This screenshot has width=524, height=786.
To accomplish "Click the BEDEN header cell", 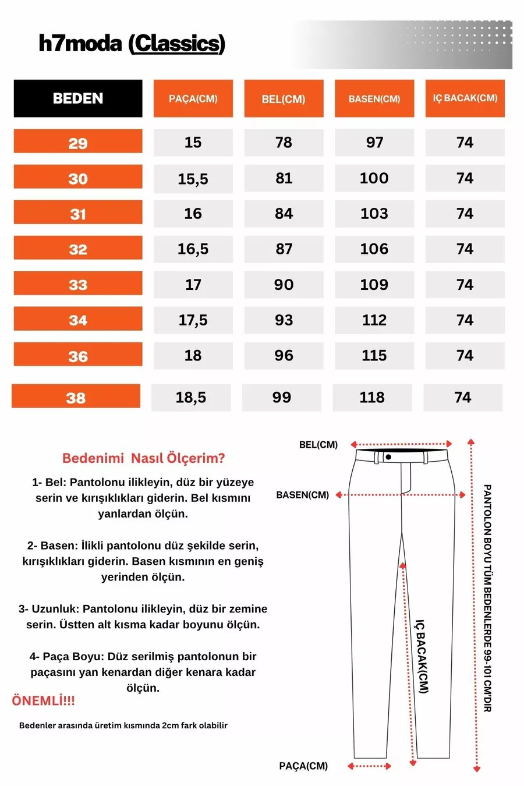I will (77, 98).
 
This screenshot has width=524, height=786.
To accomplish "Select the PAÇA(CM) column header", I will (193, 98).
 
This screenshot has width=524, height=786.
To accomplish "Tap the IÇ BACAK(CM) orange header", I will (465, 98).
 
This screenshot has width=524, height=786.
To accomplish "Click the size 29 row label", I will (77, 143).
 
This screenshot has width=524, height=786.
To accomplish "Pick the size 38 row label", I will (76, 398).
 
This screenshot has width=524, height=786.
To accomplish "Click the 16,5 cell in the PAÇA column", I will (193, 249).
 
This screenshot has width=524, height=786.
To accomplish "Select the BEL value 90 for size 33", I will (284, 285).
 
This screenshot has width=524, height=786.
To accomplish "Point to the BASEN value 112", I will (374, 320).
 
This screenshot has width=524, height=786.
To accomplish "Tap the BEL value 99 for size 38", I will (281, 398).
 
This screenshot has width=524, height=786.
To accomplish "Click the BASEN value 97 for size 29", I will (374, 143).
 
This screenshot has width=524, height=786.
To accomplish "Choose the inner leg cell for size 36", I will (465, 356).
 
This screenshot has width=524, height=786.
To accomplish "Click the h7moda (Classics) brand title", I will (132, 44).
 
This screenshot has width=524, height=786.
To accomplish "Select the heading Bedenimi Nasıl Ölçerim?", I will (143, 458).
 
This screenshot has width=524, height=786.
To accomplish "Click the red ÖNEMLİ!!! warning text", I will (43, 701).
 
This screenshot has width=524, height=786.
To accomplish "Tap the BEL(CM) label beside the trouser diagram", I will (318, 445).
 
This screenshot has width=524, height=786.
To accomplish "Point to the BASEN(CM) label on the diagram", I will (302, 495).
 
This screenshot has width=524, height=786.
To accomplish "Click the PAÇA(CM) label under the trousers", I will (303, 766).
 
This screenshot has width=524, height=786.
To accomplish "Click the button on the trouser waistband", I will (388, 457).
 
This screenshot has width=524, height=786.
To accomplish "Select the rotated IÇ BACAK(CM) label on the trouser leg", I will (422, 657).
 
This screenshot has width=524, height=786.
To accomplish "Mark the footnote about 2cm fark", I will (123, 725).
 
